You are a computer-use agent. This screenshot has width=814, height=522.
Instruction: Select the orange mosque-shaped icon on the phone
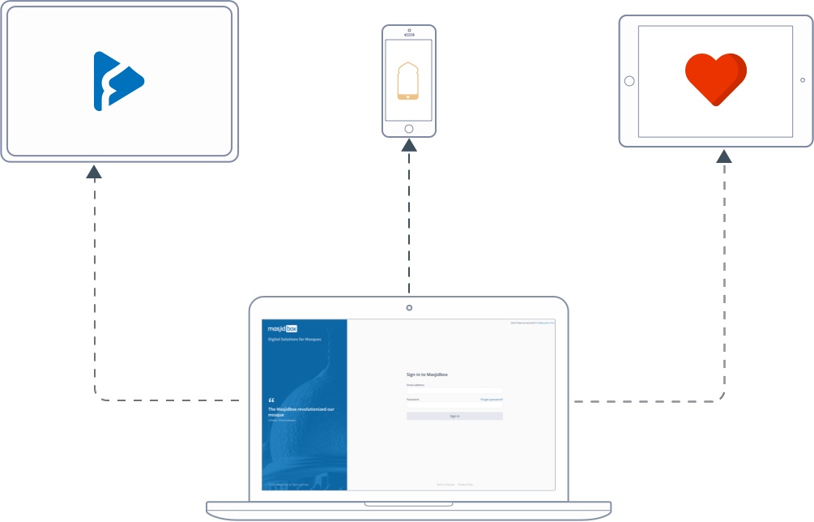(408, 81)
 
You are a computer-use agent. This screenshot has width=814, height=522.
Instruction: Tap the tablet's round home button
(629, 80)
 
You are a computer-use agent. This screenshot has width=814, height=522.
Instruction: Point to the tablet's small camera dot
(803, 80)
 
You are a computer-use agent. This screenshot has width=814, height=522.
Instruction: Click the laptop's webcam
(409, 308)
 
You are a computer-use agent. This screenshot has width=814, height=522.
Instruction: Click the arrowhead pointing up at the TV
(95, 171)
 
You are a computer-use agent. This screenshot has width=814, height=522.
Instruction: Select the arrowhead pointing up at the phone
(409, 145)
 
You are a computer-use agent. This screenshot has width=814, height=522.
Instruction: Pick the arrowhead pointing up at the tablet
(724, 155)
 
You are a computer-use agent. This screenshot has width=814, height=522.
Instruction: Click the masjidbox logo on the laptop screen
(283, 329)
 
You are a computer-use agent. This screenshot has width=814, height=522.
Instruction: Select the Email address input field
(454, 391)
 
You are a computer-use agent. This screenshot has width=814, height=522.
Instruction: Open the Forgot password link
(492, 400)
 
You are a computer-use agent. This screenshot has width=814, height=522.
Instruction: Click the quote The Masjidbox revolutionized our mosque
(300, 412)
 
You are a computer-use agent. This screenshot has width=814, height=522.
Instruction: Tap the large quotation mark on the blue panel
(271, 400)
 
